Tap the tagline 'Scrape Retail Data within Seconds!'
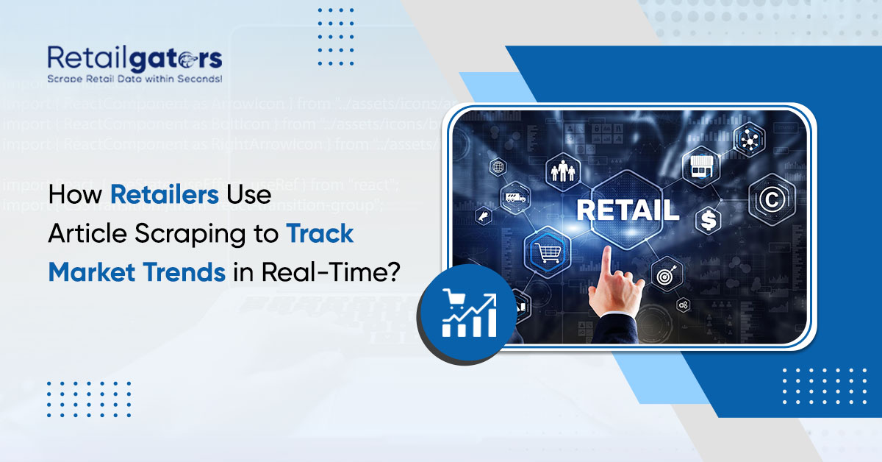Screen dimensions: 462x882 point(134,78)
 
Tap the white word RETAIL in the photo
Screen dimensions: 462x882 point(627,209)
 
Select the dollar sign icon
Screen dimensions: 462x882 point(709,218)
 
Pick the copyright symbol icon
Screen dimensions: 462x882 point(771,199)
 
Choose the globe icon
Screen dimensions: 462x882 point(499,167)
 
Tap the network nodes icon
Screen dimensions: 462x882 point(749,140)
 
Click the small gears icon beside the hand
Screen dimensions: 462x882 point(684,305)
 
